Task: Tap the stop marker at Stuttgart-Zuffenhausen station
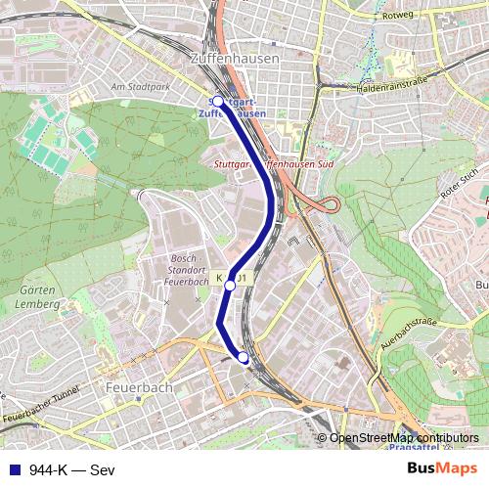tap(217, 101)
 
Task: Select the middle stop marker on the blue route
tap(231, 285)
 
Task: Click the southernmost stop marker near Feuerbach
tap(244, 359)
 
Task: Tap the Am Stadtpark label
tap(140, 86)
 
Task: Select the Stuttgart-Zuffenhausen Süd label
tap(273, 165)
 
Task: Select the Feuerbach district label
tap(144, 387)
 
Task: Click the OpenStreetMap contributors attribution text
tap(404, 437)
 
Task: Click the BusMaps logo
tap(435, 468)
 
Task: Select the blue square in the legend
tap(12, 469)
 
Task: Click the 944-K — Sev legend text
tap(72, 469)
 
